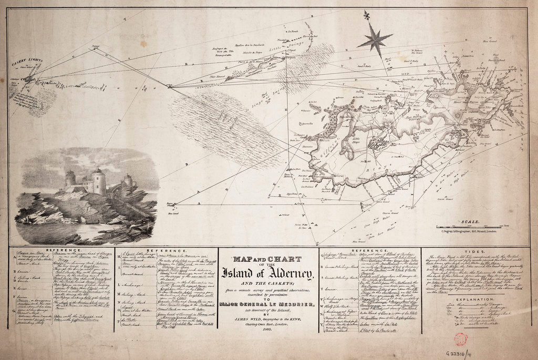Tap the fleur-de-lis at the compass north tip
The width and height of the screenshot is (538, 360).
[366, 15]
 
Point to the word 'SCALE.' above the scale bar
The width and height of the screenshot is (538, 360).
[469, 222]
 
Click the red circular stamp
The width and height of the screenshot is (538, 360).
[461, 339]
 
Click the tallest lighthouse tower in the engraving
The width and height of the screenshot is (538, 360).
[98, 181]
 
